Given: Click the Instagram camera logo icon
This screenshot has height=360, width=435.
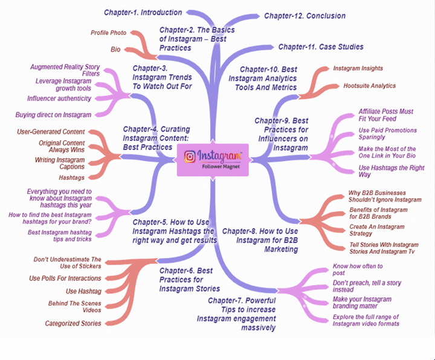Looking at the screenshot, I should click(x=190, y=156).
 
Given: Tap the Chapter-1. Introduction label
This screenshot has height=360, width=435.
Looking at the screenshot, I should click(x=143, y=12).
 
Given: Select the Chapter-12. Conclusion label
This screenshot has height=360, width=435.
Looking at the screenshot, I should click(x=304, y=16).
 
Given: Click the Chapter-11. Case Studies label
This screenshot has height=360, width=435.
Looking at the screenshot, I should click(x=320, y=47).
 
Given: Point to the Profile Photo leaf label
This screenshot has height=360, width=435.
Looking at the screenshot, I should click(x=109, y=33).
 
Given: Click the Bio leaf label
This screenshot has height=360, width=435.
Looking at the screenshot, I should click(x=115, y=48).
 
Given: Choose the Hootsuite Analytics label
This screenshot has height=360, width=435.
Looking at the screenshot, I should click(x=369, y=86).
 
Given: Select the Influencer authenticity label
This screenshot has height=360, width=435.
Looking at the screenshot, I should click(x=59, y=98).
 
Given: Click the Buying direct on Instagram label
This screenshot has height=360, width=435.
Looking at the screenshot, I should click(x=53, y=115).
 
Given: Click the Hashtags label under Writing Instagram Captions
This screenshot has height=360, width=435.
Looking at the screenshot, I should click(x=72, y=178).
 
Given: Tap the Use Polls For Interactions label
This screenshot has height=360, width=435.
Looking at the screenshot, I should click(x=65, y=278).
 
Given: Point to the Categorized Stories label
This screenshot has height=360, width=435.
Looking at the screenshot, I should click(x=73, y=323).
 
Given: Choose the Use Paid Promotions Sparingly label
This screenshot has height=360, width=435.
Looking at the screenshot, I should click(x=387, y=133).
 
